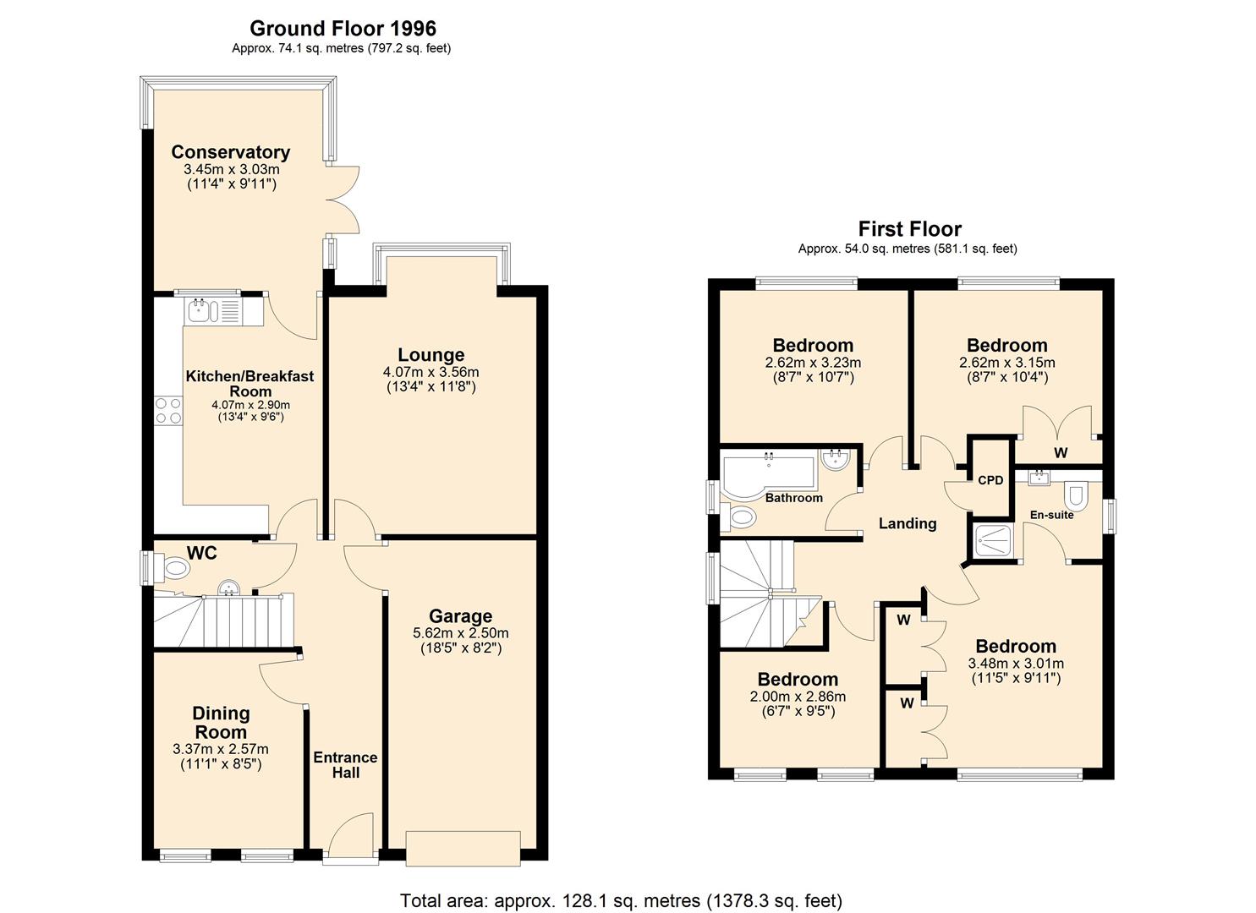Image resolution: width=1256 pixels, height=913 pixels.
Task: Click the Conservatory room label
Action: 230,152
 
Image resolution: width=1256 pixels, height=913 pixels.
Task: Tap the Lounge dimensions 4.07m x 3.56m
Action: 431,372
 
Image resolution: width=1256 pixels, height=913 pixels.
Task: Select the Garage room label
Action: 460,616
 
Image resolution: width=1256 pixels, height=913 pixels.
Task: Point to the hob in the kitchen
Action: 167,411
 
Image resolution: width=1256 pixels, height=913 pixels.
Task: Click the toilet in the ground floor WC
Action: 177,567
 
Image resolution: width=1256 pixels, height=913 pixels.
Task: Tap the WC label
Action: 201,553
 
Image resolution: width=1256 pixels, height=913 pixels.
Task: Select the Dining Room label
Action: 220,723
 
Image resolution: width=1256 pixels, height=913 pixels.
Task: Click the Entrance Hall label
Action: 345,765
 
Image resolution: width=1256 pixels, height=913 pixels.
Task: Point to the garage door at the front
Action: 463,848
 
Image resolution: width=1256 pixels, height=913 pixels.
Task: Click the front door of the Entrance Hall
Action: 351,837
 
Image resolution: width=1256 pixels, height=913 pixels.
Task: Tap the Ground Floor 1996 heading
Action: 343,30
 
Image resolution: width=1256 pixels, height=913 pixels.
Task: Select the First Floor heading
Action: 909,229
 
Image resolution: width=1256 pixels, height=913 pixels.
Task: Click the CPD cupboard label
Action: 990,480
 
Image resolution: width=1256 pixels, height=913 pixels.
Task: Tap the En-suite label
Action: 1051,514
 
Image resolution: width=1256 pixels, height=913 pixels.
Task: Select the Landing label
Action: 907,523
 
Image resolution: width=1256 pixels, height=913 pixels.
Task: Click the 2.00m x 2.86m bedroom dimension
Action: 797,697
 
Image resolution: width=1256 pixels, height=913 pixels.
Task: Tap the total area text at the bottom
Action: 621,900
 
